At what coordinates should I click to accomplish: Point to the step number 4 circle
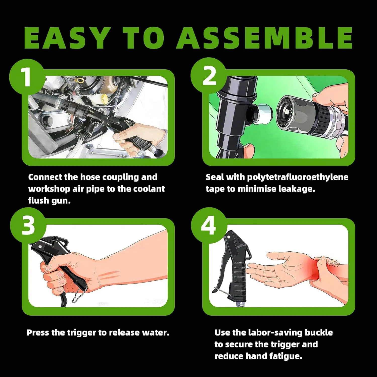pos(209,225)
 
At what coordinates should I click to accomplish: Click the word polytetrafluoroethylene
pos(298,177)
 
